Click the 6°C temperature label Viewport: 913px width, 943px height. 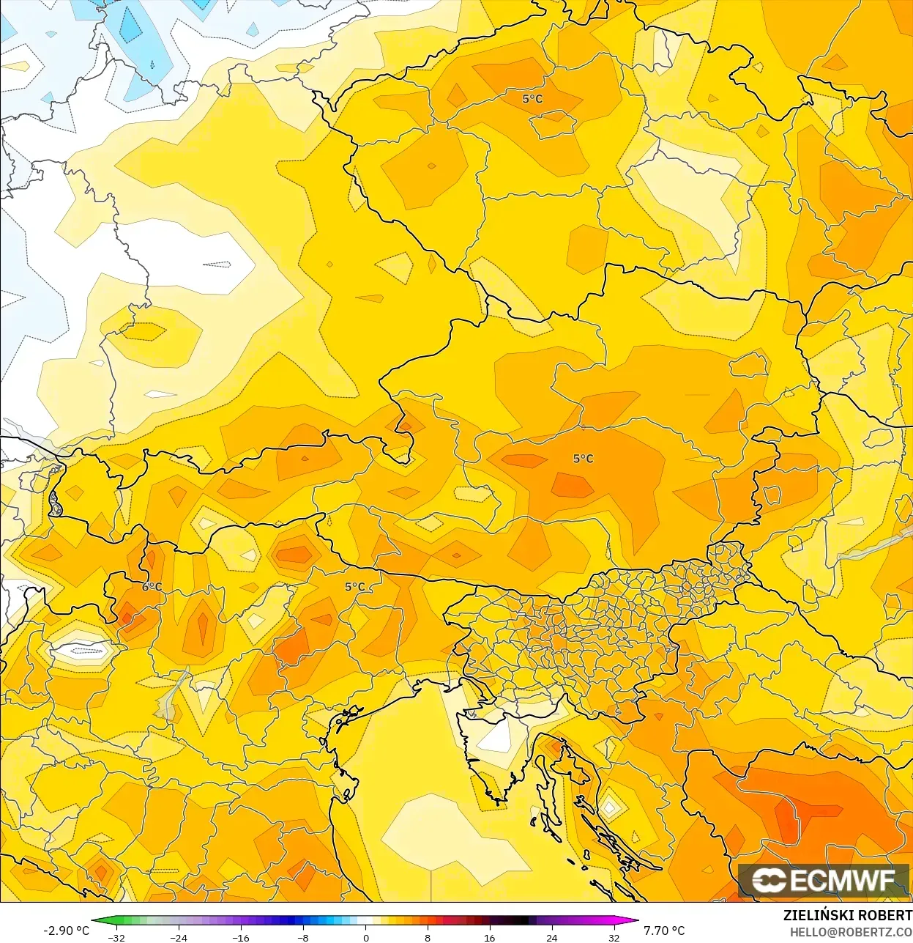pos(152,587)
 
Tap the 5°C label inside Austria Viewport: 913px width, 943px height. pos(583,459)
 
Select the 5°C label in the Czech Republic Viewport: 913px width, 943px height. pos(532,98)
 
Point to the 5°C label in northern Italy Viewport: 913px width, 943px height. pos(355,587)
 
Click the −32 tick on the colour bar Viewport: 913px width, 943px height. pos(116,937)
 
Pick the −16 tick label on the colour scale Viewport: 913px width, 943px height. pos(240,937)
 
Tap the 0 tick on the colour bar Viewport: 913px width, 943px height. pos(365,937)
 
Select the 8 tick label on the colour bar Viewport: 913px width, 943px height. pos(427,937)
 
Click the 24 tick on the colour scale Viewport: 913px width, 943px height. pos(551,937)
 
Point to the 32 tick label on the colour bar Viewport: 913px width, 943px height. pos(614,937)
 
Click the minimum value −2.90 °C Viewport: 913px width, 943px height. pos(66,931)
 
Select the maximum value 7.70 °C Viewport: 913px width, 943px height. pos(664,931)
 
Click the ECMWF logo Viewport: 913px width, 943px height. pos(824,880)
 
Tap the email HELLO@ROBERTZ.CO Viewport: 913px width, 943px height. pos(851,932)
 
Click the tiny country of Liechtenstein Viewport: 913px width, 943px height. pos(54,502)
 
